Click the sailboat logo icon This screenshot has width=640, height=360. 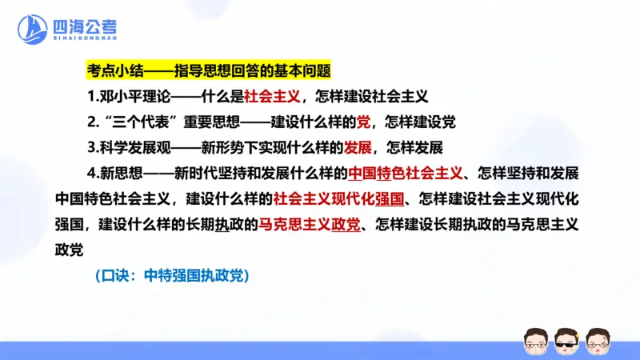point(32,30)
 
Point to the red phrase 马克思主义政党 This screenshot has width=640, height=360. point(308,224)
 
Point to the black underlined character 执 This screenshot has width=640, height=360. point(222,224)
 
